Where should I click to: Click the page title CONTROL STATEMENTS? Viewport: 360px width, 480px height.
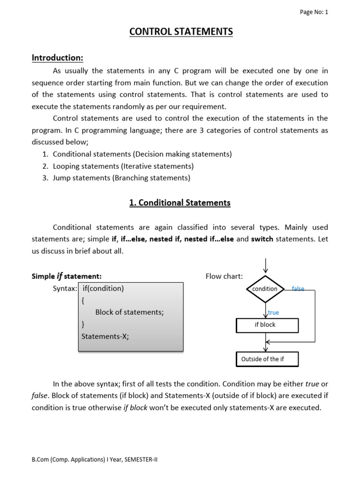180,32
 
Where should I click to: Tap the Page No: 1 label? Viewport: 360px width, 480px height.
314,12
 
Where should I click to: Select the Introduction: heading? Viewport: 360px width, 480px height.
57,58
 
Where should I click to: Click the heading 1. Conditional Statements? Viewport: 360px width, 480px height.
180,202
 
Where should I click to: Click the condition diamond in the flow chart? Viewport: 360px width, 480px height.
265,289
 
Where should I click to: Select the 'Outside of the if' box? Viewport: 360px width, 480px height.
267,359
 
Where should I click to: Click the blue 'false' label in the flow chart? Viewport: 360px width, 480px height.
298,289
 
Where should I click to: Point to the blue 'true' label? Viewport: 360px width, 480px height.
273,312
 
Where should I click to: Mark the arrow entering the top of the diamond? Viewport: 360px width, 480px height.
266,265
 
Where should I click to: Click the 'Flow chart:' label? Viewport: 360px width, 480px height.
224,276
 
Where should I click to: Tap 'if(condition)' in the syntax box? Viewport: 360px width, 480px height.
103,288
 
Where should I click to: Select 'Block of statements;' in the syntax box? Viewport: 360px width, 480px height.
129,312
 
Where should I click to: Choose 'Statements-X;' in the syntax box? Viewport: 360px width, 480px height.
105,336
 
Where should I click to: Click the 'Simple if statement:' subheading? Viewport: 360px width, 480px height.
67,276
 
